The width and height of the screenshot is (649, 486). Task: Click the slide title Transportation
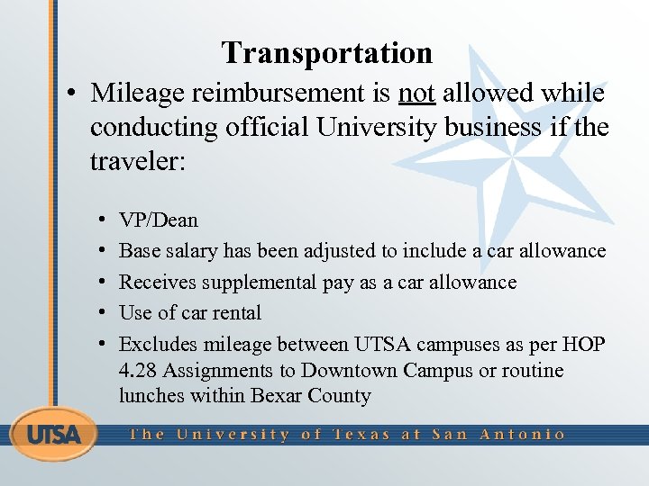point(327,53)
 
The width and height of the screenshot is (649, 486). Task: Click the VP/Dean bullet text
point(159,220)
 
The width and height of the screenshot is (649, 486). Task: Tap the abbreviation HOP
point(586,344)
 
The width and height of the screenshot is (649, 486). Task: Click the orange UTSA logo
point(54,435)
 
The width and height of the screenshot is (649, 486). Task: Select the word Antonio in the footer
point(523,434)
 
